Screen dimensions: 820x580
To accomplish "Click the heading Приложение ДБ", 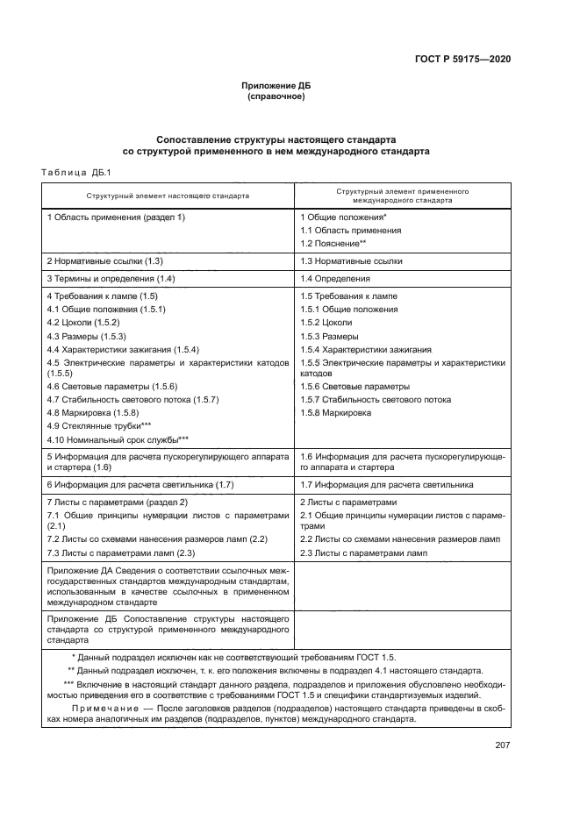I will click(276, 86).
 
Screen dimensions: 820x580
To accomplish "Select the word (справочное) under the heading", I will click(276, 96).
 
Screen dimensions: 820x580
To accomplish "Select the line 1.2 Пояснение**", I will click(333, 243).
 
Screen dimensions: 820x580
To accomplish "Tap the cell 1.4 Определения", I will click(335, 279).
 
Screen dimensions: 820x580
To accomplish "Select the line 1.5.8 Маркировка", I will click(335, 412).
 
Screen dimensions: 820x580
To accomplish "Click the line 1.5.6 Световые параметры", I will click(354, 387).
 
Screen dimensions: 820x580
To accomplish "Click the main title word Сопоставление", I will click(196, 139).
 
